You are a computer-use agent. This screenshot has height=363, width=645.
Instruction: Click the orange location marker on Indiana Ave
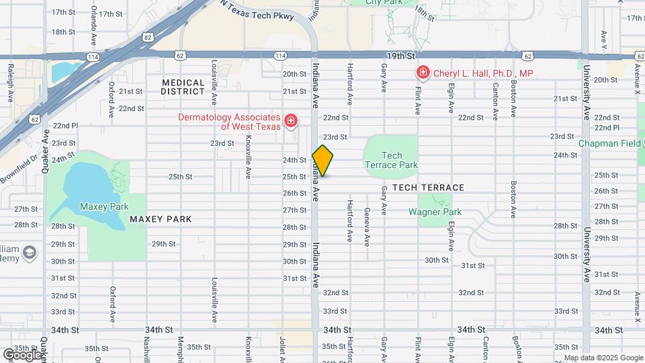tap(322, 161)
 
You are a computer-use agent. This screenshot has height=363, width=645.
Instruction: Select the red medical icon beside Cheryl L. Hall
tap(423, 72)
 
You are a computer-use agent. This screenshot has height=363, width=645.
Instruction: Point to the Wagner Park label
tap(435, 212)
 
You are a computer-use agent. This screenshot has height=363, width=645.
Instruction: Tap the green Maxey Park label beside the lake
tap(103, 206)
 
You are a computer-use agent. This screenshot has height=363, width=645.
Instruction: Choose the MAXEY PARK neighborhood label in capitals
tap(161, 219)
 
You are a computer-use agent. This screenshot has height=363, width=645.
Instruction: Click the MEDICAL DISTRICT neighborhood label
tap(183, 87)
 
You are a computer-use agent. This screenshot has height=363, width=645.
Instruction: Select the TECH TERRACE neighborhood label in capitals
tap(428, 188)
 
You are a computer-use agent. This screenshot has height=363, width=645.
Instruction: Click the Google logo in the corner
tap(21, 354)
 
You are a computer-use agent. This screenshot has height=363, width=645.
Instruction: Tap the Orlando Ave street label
tap(94, 23)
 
